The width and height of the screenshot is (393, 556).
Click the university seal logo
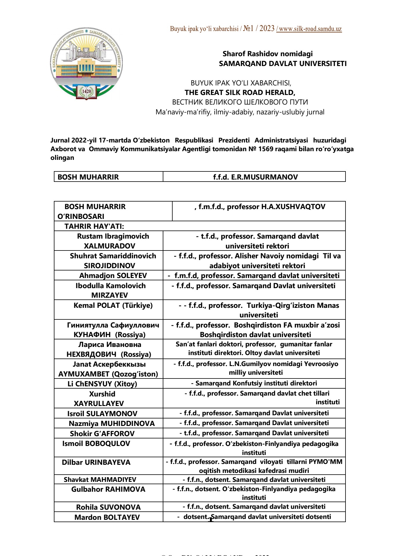(x=87, y=64)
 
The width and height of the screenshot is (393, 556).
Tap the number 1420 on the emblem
(x=87, y=92)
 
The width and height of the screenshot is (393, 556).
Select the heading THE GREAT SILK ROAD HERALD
(x=240, y=93)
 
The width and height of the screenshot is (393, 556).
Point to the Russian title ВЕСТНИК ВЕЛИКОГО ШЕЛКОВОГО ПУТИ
(x=240, y=102)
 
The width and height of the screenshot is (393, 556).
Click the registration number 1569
(x=266, y=149)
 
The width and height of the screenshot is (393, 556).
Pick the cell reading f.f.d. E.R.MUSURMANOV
(x=255, y=177)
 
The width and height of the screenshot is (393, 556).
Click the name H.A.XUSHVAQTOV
(x=293, y=207)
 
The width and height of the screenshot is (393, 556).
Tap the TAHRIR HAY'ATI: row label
(x=94, y=226)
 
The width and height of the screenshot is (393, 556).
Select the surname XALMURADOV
(x=109, y=246)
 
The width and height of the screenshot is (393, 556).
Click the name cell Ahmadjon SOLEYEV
(x=113, y=275)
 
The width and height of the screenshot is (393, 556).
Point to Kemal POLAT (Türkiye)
(x=113, y=306)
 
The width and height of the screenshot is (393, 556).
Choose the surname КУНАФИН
(x=92, y=335)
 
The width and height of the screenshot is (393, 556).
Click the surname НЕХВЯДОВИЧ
(x=91, y=354)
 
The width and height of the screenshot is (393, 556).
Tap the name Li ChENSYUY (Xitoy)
(x=102, y=384)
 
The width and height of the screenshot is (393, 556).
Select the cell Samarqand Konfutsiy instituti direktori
(x=254, y=383)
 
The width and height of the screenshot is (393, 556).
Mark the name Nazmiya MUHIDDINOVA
(x=112, y=424)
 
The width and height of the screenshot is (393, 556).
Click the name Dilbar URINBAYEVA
(x=96, y=462)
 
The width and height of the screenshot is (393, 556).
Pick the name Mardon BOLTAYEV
(x=107, y=517)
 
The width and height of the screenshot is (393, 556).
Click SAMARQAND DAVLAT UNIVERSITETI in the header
(x=283, y=64)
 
